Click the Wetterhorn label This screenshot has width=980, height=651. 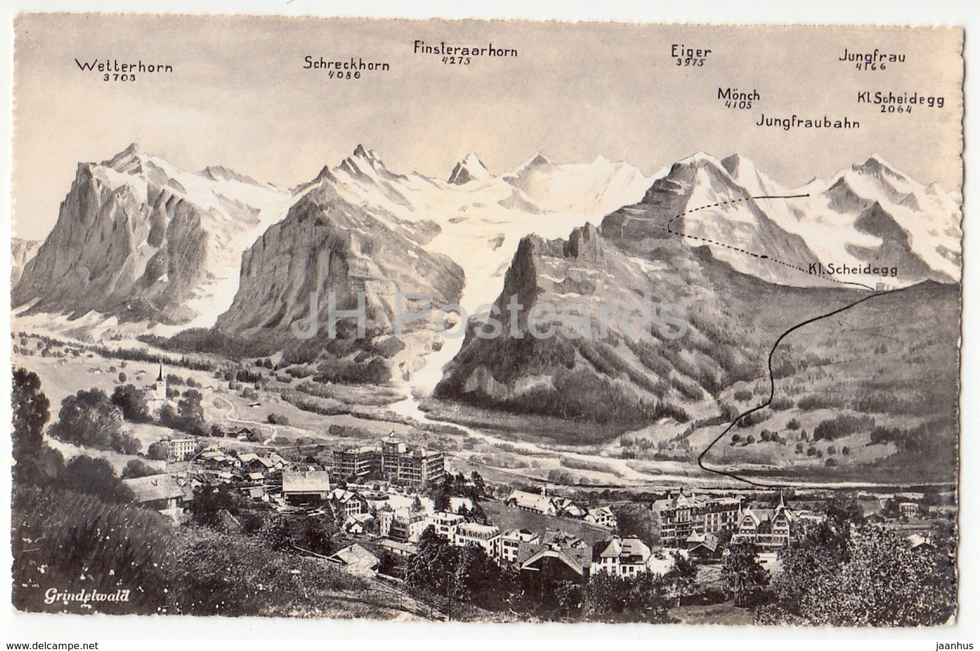pyautogui.click(x=123, y=65)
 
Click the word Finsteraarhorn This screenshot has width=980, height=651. pyautogui.click(x=465, y=49)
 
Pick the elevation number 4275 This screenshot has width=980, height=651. pyautogui.click(x=457, y=61)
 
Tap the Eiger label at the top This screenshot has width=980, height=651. pyautogui.click(x=691, y=51)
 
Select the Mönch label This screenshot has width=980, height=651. pyautogui.click(x=738, y=95)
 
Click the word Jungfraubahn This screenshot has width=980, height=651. pyautogui.click(x=808, y=122)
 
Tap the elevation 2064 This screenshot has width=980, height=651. pyautogui.click(x=896, y=109)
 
